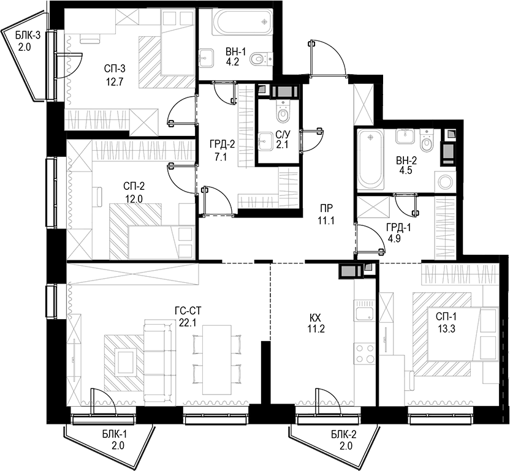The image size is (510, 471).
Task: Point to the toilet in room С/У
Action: pyautogui.click(x=283, y=115)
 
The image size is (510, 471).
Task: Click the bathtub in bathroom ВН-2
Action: pyautogui.click(x=370, y=159)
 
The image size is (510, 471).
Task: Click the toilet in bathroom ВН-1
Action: pyautogui.click(x=262, y=58)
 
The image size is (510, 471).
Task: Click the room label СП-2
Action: pyautogui.click(x=134, y=186)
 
